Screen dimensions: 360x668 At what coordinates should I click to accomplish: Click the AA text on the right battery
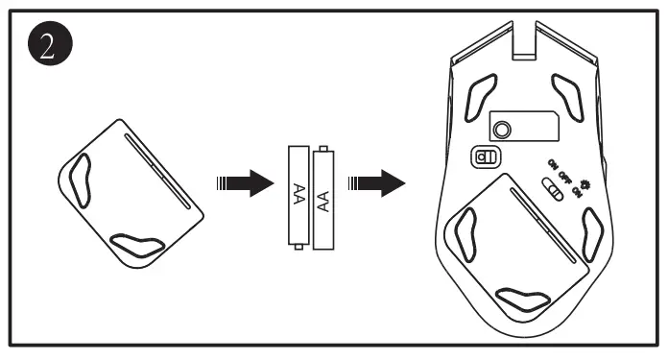pyautogui.click(x=324, y=201)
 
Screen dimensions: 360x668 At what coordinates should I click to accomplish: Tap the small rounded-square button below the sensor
pyautogui.click(x=486, y=156)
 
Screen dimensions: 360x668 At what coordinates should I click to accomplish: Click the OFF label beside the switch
pyautogui.click(x=564, y=177)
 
